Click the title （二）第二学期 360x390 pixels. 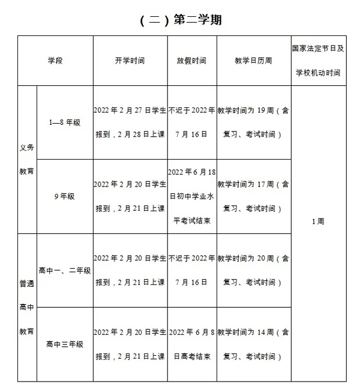click(180, 20)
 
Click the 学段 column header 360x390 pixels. click(55, 61)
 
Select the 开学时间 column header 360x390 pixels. click(130, 61)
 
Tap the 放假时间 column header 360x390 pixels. click(191, 61)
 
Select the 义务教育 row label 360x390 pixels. click(27, 159)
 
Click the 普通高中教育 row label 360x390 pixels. click(27, 307)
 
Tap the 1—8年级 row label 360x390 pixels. click(65, 122)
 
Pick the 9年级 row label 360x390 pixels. click(65, 196)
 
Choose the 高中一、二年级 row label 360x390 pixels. click(65, 270)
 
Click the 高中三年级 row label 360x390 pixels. click(65, 344)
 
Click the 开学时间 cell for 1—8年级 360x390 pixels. click(130, 122)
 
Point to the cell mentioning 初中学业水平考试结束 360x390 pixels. click(191, 196)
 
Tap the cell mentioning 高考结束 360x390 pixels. click(191, 344)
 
